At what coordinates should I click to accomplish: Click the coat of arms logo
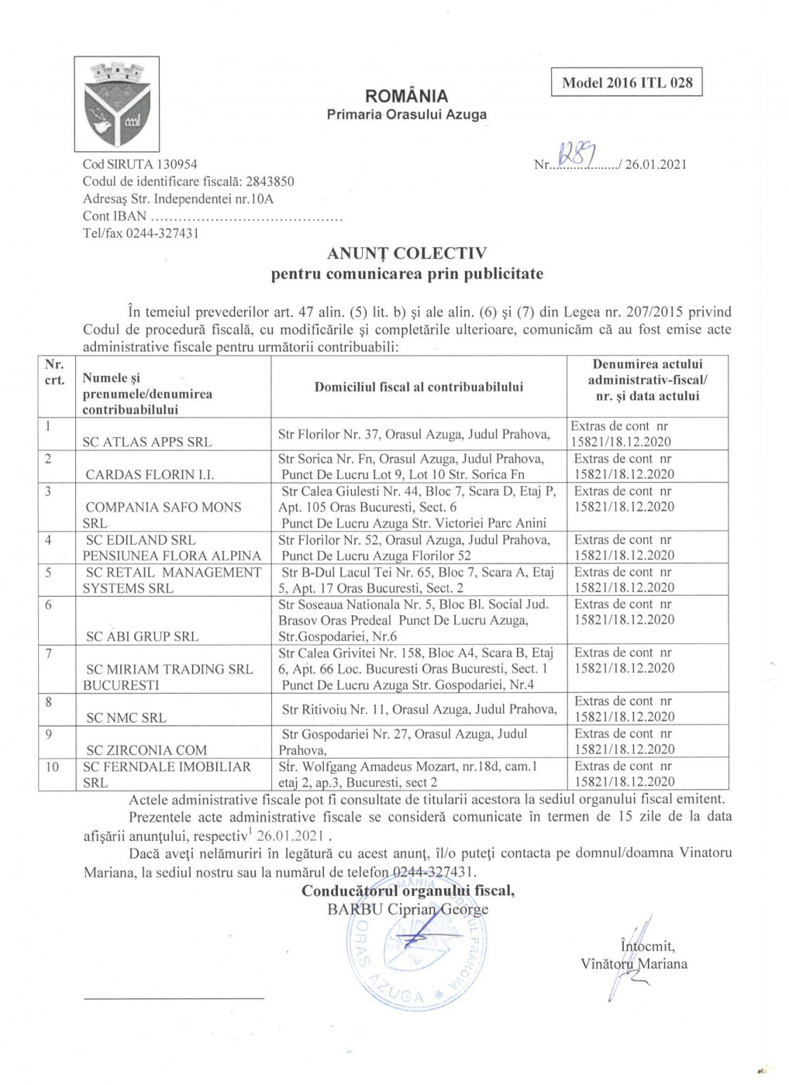116,103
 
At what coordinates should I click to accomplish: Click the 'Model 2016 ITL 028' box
626,82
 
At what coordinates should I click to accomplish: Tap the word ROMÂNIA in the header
406,96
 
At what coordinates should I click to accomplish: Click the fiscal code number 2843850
270,181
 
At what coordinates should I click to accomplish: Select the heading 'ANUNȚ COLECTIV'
407,253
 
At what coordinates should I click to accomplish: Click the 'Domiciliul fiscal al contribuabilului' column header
419,387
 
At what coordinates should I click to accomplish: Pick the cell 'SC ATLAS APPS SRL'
147,442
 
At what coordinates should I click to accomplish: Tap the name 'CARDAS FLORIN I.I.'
150,474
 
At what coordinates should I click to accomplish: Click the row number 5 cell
49,572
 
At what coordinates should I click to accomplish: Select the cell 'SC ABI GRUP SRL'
142,636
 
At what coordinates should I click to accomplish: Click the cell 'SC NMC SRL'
126,718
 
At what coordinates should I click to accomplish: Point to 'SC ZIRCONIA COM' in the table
146,750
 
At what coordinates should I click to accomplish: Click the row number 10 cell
52,766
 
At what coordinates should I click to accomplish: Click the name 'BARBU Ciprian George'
408,909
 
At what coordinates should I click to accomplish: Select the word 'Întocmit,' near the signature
647,946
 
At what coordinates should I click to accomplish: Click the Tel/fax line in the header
140,233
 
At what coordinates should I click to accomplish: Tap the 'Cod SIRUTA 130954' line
140,164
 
